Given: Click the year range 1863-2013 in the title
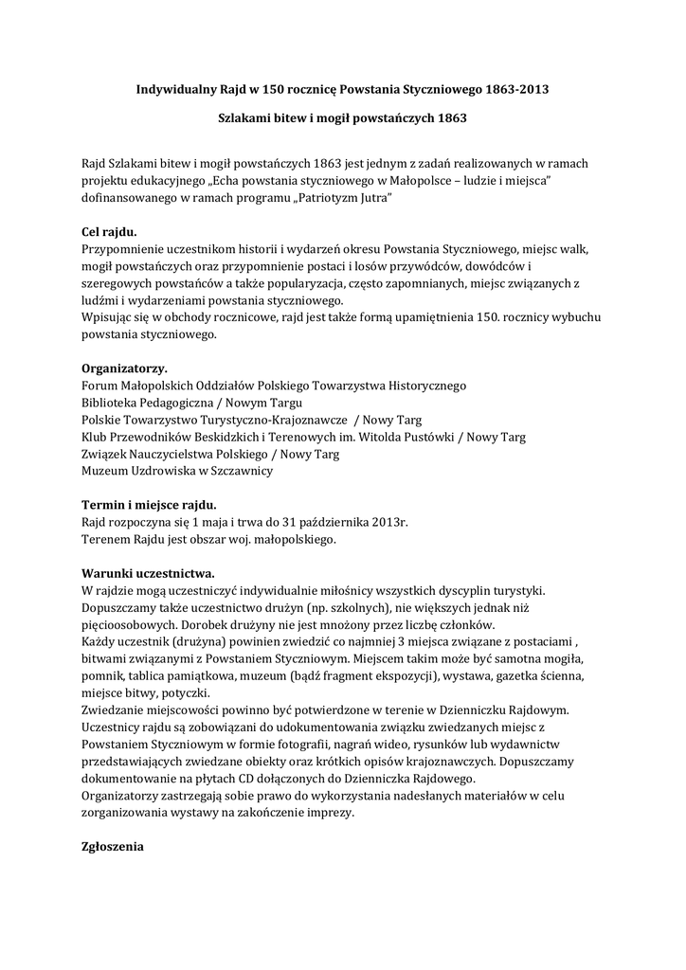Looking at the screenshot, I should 517,89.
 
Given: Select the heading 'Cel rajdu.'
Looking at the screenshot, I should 109,231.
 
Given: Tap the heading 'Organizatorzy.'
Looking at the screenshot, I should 124,368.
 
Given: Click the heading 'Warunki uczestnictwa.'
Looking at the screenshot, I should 149,572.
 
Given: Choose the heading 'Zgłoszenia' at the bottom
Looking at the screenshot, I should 113,845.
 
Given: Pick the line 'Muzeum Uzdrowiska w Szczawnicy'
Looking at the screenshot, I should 177,470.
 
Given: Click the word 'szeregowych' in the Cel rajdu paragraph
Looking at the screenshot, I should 118,282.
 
